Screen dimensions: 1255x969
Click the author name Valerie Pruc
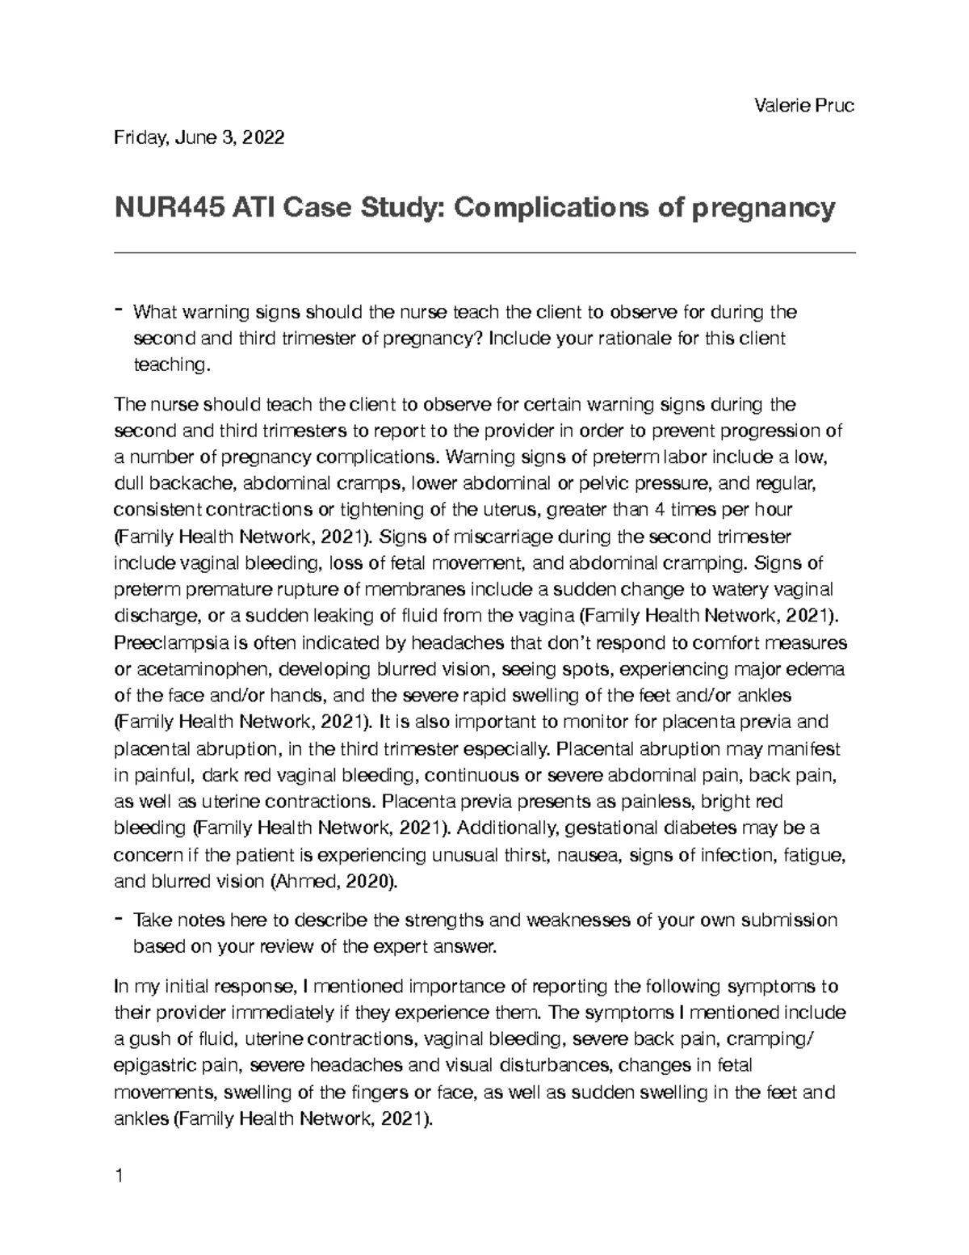[803, 106]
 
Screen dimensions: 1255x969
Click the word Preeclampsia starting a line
[169, 643]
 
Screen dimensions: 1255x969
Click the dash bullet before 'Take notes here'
[120, 919]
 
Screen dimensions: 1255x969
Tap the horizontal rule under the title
[484, 253]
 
